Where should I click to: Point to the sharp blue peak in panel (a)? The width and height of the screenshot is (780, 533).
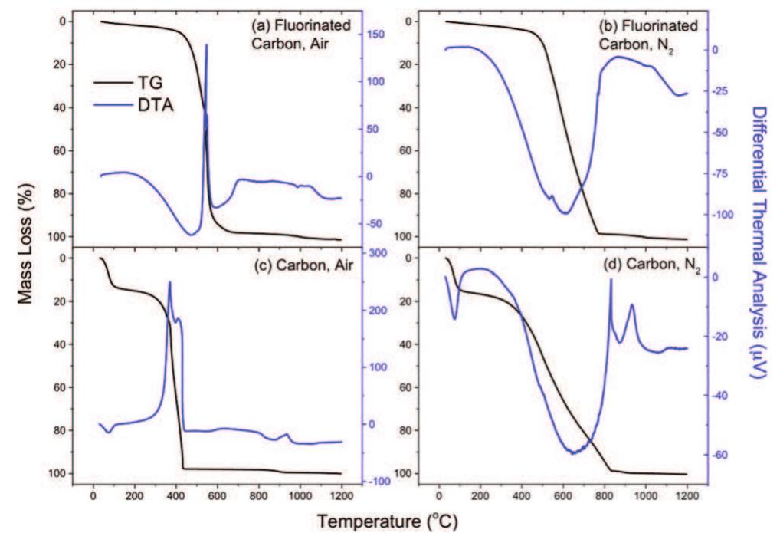207,46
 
